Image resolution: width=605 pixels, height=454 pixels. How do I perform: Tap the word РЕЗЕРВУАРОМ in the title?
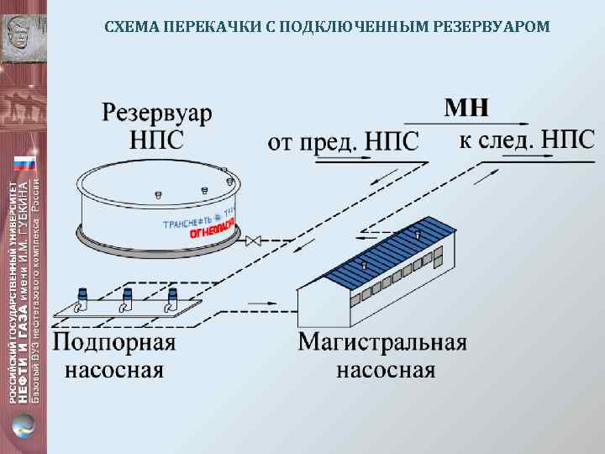(x=493, y=27)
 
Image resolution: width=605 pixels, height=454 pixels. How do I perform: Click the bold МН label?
(x=466, y=108)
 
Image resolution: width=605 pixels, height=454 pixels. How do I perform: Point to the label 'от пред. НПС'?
(x=343, y=141)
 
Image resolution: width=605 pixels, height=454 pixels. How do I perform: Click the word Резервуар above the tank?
(x=157, y=113)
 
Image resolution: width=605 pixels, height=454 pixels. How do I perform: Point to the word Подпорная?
(x=114, y=343)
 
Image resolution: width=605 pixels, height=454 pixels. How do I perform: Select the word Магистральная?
(x=382, y=343)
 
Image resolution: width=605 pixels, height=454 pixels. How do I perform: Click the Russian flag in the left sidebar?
(x=24, y=165)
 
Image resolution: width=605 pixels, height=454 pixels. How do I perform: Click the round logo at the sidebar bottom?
(x=24, y=425)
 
